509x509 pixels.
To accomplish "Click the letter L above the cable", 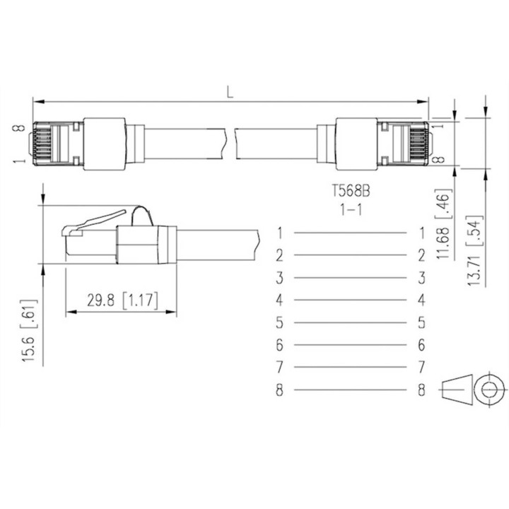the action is (x=230, y=93).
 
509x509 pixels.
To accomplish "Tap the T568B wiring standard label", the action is (x=351, y=191).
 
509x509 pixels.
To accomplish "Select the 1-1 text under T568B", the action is (x=351, y=210).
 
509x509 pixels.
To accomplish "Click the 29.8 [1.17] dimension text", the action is (x=122, y=300).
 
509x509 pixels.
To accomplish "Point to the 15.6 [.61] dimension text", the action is (x=29, y=330).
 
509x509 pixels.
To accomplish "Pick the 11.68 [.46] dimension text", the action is (x=443, y=223).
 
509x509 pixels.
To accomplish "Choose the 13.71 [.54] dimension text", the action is (x=474, y=250).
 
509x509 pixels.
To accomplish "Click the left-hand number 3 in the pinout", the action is (x=279, y=278).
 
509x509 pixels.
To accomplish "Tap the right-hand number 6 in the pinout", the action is (x=421, y=345).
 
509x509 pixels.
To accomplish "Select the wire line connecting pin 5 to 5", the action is (x=350, y=322).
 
